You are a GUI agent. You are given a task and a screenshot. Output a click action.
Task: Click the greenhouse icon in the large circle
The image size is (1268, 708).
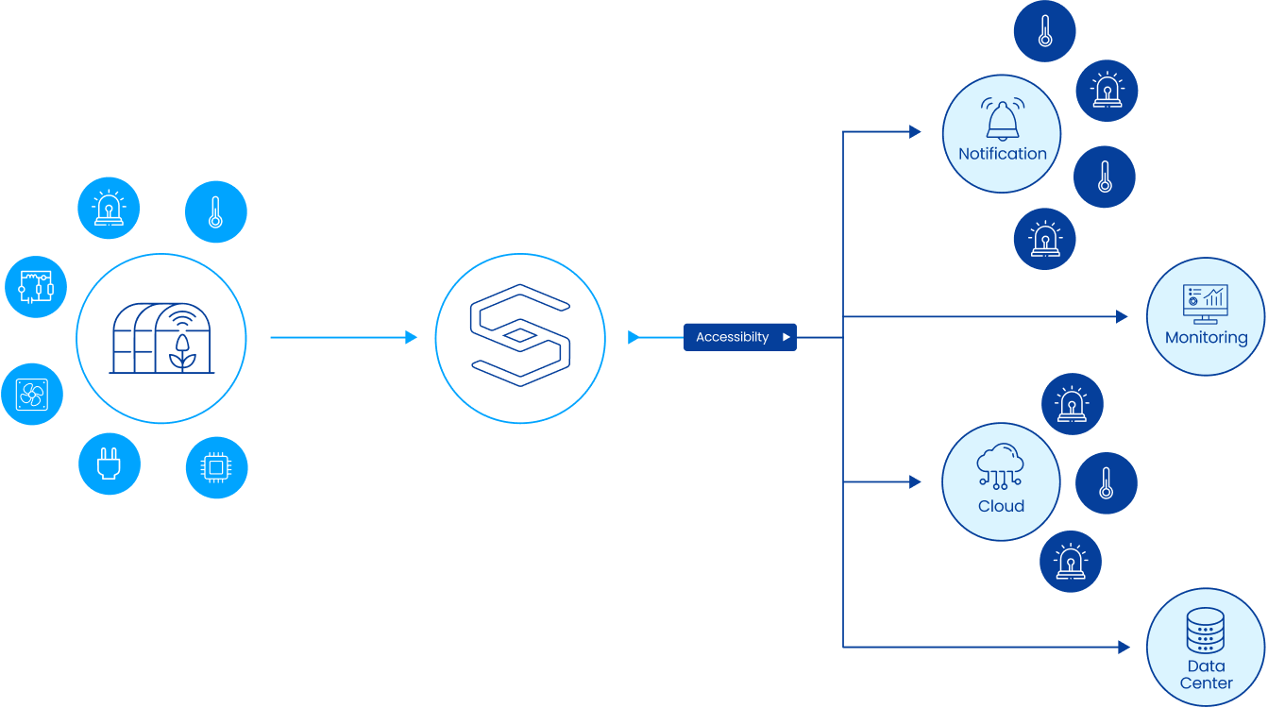[x=161, y=338]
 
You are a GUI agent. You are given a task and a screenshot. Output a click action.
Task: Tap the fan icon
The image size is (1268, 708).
[x=32, y=395]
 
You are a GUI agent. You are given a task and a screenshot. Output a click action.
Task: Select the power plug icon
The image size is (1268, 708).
[x=110, y=464]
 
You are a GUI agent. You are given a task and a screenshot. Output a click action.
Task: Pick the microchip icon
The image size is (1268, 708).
[x=216, y=467]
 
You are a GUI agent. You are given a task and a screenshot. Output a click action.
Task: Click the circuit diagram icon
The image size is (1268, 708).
[x=36, y=286]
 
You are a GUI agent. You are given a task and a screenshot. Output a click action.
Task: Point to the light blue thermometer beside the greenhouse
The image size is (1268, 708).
[x=215, y=211]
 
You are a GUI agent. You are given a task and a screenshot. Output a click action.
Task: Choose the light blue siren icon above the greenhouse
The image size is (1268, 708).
[x=110, y=208]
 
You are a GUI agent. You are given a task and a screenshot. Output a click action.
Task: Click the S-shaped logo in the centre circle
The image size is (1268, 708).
[x=520, y=337]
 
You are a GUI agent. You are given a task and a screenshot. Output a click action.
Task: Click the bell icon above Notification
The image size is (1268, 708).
[x=1002, y=120]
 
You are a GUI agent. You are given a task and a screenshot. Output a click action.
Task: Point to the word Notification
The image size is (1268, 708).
[x=1002, y=154]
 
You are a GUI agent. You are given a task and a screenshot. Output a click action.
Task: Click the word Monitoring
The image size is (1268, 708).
[x=1206, y=337]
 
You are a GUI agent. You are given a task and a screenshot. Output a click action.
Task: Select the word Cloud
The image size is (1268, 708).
[x=1001, y=506]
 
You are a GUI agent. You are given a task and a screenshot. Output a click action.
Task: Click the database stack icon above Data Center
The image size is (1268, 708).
[x=1205, y=631]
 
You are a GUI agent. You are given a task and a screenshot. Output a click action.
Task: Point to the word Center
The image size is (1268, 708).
[x=1206, y=683]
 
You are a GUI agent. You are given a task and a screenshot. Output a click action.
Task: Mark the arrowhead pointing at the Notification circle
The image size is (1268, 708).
[x=915, y=132]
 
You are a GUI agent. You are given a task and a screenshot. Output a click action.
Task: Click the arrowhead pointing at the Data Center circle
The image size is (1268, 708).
[x=1124, y=647]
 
